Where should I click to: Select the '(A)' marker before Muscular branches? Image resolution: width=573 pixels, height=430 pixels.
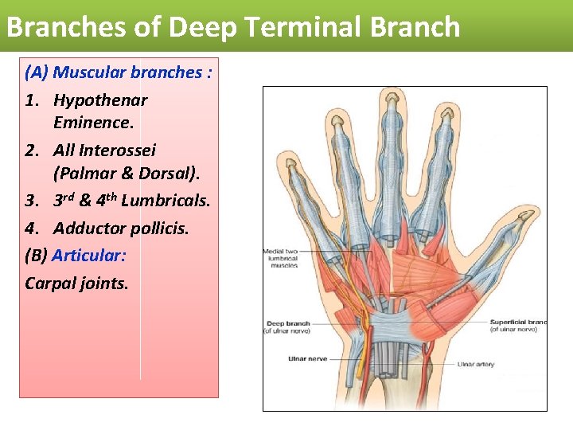click(x=37, y=72)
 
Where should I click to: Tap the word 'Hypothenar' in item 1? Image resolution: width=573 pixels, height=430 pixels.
click(x=100, y=100)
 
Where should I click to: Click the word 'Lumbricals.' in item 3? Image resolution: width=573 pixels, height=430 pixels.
click(x=166, y=201)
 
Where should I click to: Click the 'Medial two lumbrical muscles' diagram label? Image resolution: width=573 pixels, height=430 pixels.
click(x=280, y=259)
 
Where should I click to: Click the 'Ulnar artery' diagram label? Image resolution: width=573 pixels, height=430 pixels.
click(x=475, y=365)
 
